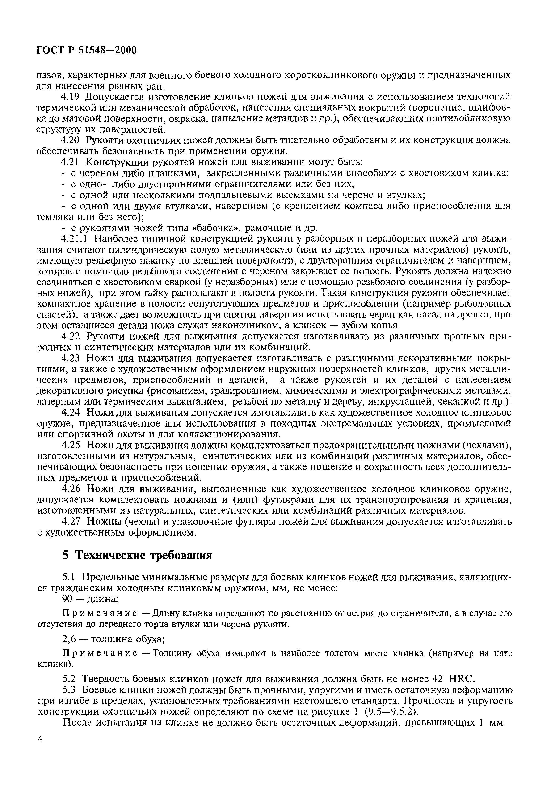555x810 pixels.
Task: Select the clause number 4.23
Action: click(71, 358)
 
